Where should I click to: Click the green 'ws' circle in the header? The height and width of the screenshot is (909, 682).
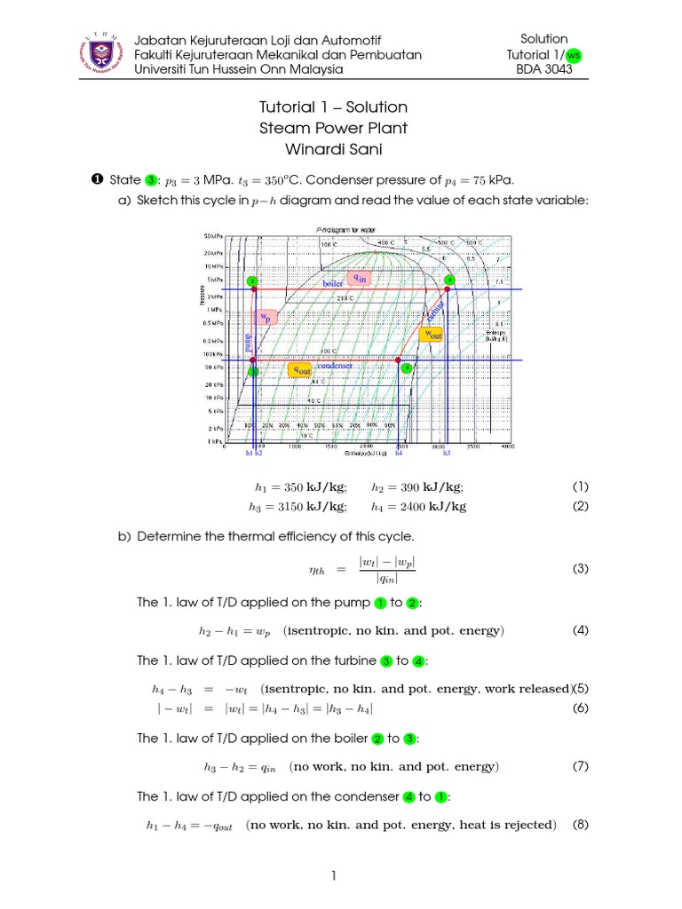pyautogui.click(x=575, y=55)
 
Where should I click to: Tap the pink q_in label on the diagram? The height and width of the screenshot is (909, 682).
pyautogui.click(x=360, y=278)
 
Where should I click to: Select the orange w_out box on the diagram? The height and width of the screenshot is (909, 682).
pyautogui.click(x=433, y=335)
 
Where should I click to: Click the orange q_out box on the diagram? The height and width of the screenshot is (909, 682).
pyautogui.click(x=300, y=369)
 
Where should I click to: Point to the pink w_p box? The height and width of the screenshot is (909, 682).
pyautogui.click(x=266, y=317)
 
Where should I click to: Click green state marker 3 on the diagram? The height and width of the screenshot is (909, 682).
pyautogui.click(x=449, y=280)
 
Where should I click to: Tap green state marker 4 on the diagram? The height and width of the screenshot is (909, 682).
pyautogui.click(x=406, y=368)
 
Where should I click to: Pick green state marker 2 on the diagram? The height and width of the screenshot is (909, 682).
pyautogui.click(x=252, y=281)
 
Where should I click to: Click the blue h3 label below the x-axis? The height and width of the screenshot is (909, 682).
pyautogui.click(x=447, y=454)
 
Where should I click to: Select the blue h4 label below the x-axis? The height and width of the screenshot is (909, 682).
pyautogui.click(x=399, y=454)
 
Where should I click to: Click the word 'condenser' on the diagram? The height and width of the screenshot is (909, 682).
pyautogui.click(x=334, y=366)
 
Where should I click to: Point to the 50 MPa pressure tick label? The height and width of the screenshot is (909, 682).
pyautogui.click(x=213, y=237)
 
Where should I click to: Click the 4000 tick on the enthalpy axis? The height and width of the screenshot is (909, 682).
pyautogui.click(x=508, y=447)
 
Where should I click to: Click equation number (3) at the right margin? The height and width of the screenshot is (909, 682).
pyautogui.click(x=581, y=568)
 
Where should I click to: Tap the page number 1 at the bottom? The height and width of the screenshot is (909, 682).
pyautogui.click(x=334, y=876)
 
